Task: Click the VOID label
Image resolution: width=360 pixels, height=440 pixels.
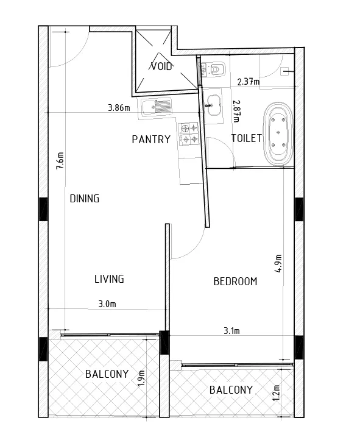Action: pyautogui.click(x=161, y=66)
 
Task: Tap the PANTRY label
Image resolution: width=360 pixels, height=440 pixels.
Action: pyautogui.click(x=151, y=140)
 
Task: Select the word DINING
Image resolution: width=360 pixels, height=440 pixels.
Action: pyautogui.click(x=85, y=199)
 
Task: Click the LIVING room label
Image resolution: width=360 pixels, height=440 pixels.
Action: pyautogui.click(x=109, y=279)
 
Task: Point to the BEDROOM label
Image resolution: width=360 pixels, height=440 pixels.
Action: pyautogui.click(x=235, y=282)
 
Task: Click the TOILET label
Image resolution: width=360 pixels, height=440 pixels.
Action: pyautogui.click(x=247, y=138)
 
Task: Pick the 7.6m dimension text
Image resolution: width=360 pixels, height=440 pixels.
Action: pyautogui.click(x=60, y=160)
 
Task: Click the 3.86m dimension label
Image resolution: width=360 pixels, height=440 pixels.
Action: pyautogui.click(x=119, y=108)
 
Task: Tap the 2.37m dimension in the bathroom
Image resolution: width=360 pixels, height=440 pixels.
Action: pyautogui.click(x=249, y=82)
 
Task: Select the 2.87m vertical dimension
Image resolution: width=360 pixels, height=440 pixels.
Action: pyautogui.click(x=236, y=112)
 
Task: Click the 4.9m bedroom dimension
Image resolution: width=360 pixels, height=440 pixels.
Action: pyautogui.click(x=278, y=263)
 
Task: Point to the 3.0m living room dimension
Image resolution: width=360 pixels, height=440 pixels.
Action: pyautogui.click(x=107, y=304)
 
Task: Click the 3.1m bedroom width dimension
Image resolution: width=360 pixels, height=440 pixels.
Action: pyautogui.click(x=231, y=331)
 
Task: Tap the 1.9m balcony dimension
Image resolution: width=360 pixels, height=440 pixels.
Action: pyautogui.click(x=141, y=378)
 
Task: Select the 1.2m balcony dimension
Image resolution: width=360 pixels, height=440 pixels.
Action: pyautogui.click(x=276, y=392)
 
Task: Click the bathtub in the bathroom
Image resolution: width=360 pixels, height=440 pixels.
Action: pyautogui.click(x=278, y=133)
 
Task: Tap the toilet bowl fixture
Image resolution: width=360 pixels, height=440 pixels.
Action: pyautogui.click(x=217, y=69)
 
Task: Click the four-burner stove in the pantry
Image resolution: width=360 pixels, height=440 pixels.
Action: pyautogui.click(x=189, y=134)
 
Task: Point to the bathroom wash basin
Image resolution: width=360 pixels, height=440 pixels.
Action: pyautogui.click(x=214, y=105)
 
